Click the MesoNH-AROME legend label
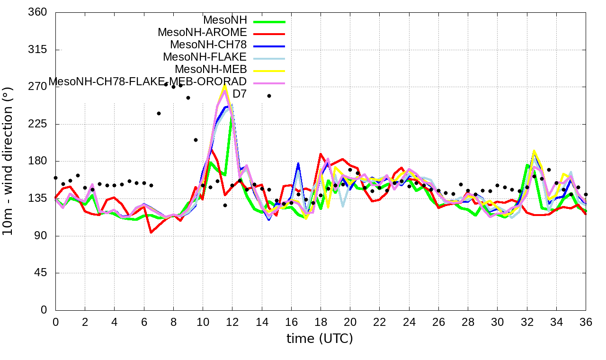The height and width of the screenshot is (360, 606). [202, 33]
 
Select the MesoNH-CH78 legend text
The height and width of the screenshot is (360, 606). [208, 45]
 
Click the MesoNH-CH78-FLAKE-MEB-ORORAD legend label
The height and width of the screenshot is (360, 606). [148, 81]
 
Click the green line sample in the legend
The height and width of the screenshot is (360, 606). [269, 21]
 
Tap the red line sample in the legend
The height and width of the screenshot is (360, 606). [269, 34]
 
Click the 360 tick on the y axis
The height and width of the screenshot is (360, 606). [38, 12]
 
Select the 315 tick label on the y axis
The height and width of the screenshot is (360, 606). [38, 50]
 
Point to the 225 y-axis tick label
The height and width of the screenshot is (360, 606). [38, 124]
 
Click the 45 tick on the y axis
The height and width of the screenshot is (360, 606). [41, 273]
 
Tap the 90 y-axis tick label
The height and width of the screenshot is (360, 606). [41, 236]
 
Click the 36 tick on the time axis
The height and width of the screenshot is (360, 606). [586, 322]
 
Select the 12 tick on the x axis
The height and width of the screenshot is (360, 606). [232, 322]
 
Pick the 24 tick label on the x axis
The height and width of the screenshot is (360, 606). [409, 322]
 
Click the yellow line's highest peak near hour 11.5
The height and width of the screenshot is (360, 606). [225, 85]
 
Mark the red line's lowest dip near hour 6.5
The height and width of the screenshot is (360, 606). [151, 233]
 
